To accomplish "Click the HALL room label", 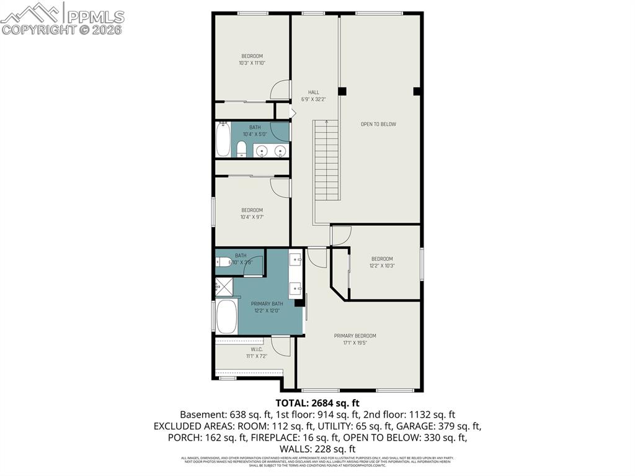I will (314, 92).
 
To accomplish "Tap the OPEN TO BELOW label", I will (378, 124).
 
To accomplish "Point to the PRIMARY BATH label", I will (267, 303).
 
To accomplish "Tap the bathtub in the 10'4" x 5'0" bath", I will (223, 140).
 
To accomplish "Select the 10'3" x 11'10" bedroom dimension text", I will (252, 63).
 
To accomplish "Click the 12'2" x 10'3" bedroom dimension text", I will (382, 266).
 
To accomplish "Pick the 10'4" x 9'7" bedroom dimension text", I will (252, 217).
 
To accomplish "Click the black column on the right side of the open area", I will (417, 91).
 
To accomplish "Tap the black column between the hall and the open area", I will (342, 91).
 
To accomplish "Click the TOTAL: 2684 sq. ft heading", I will (317, 402).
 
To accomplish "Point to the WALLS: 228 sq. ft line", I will (317, 449).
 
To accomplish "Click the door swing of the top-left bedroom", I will (282, 91).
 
